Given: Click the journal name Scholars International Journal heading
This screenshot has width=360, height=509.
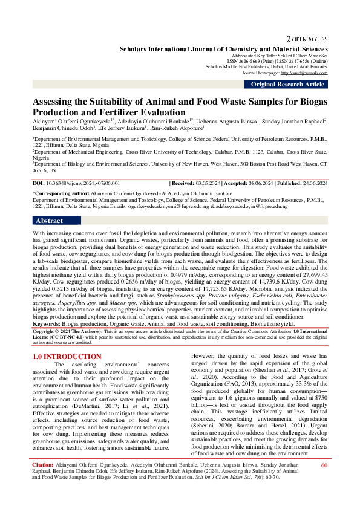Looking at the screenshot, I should [224, 49].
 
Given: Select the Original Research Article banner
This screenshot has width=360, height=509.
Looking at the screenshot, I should [287, 84].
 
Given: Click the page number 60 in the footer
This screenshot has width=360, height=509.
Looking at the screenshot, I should [324, 482].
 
